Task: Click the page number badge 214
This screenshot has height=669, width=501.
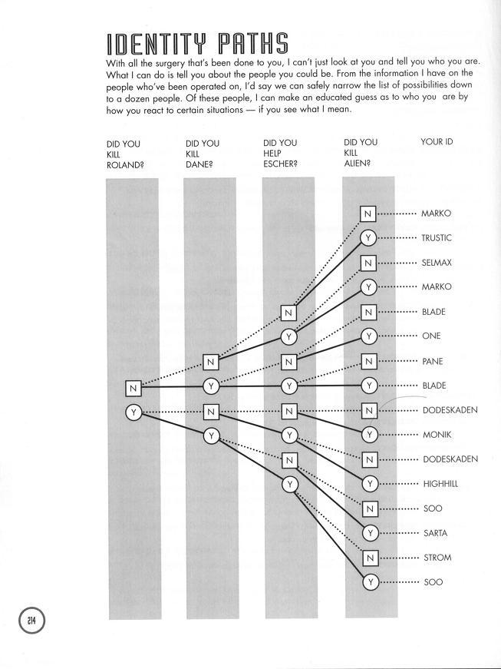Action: [33, 620]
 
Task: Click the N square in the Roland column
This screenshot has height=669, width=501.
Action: [133, 389]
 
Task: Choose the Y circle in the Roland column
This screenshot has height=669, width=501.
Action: [133, 412]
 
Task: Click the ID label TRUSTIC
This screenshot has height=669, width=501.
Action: [437, 238]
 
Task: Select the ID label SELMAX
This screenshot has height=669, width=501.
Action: [437, 263]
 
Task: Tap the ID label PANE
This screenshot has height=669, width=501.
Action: [432, 361]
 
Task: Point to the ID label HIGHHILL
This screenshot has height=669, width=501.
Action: [440, 484]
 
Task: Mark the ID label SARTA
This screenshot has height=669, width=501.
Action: [435, 533]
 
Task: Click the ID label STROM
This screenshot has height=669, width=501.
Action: [437, 558]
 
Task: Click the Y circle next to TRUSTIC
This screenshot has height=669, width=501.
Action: [369, 238]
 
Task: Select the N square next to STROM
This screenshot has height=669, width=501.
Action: [369, 558]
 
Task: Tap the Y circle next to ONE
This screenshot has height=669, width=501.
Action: [369, 336]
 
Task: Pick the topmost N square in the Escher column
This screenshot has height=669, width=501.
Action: [288, 313]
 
